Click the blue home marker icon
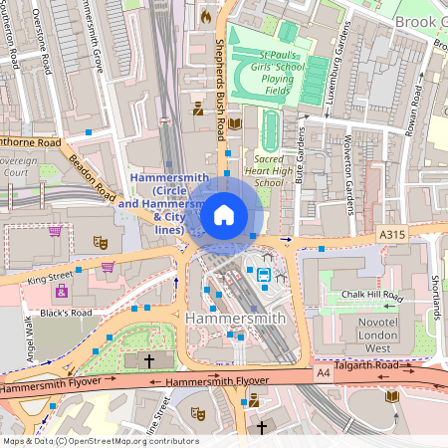pos(224,215)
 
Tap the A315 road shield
pos(394,233)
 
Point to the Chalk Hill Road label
pos(371,297)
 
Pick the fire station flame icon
pos(206,16)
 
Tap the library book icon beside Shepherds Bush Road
pos(235,123)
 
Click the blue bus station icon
pos(265,275)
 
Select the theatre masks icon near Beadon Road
pos(100,241)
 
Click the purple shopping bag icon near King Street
pos(108,266)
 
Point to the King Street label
pos(50,278)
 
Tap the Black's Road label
pos(68,313)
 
